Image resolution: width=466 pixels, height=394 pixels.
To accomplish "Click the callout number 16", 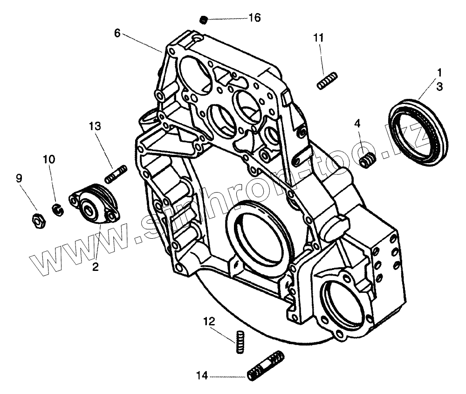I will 254,18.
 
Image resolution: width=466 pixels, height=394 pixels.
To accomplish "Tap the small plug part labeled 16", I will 203,19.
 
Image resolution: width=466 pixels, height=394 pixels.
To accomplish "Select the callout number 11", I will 318,38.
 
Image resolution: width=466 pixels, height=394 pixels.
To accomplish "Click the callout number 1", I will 439,72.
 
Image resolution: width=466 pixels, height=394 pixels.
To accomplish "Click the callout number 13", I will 95,125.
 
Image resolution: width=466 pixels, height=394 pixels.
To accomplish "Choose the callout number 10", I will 49,159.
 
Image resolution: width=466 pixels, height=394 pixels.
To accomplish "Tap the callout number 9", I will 19,178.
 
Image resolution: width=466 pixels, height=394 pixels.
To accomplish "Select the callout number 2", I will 95,267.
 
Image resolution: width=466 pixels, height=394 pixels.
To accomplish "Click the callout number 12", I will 208,321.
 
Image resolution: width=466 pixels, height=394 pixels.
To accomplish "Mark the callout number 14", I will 202,374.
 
